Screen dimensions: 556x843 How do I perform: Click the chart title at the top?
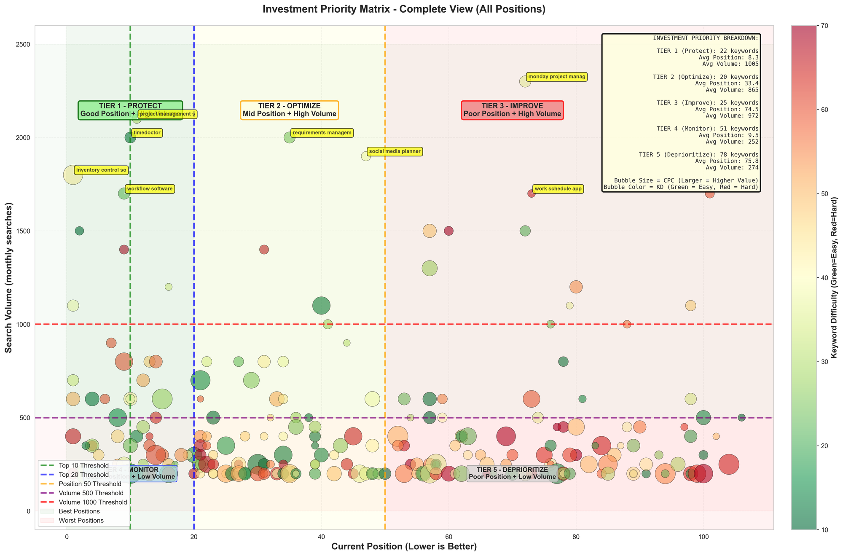point(404,9)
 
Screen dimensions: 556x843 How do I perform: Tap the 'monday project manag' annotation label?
point(556,77)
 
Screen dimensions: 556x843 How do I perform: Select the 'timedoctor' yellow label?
point(147,133)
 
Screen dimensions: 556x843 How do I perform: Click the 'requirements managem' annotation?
point(322,133)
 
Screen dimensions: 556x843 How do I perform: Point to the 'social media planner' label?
point(395,151)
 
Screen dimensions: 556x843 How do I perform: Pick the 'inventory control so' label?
point(101,170)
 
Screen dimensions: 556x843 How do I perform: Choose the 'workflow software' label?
point(150,189)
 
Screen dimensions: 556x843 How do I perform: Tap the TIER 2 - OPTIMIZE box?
point(289,110)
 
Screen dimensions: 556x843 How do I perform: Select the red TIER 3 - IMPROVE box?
point(512,110)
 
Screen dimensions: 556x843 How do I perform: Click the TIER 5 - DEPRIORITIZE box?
point(512,473)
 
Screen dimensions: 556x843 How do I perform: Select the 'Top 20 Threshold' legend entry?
point(83,474)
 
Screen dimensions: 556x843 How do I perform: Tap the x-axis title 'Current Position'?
point(404,547)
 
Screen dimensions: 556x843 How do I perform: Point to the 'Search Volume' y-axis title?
point(8,277)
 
